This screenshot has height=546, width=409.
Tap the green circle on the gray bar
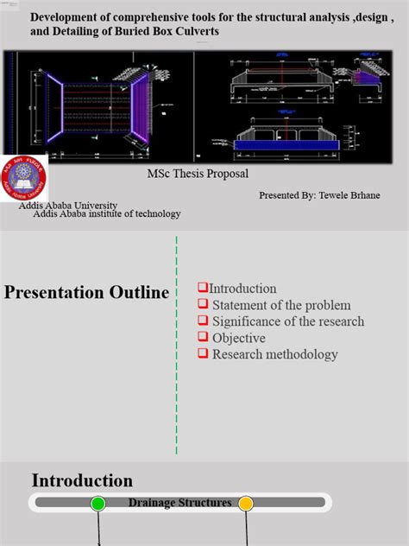pos(98,503)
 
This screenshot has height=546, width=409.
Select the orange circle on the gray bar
pos(246,503)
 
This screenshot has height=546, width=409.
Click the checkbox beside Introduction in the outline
pos(203,288)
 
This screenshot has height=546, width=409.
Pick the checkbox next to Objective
pos(203,337)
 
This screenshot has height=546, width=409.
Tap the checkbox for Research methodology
pos(203,353)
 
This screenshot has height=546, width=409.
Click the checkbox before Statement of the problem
pos(203,304)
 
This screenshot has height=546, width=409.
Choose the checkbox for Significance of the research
pos(203,321)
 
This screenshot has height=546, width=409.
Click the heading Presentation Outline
pos(86,293)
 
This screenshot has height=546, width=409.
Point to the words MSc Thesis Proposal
pos(198,173)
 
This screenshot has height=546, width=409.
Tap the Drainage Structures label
pos(180,503)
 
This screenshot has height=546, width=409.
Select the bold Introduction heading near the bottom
pos(82,480)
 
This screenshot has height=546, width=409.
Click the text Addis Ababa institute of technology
pos(107,214)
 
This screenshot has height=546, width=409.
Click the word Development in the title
pos(63,16)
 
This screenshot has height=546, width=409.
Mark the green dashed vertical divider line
pos(177,346)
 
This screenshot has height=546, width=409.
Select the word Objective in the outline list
pos(239,338)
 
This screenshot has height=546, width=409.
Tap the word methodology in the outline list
pos(302,354)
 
